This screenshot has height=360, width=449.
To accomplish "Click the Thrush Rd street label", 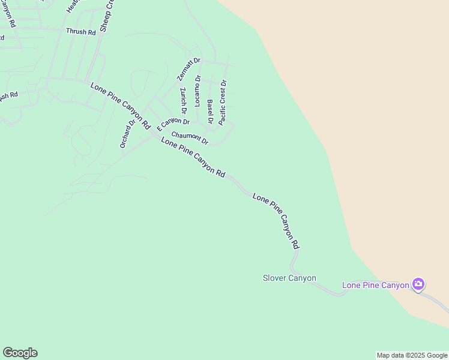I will pyautogui.click(x=81, y=32).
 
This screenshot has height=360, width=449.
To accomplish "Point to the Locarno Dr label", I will pyautogui.click(x=197, y=91).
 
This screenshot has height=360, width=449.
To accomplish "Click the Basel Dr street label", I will pyautogui.click(x=210, y=112).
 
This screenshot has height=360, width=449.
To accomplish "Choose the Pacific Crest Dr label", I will pyautogui.click(x=222, y=102).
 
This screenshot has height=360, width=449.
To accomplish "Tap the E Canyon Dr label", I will pyautogui.click(x=173, y=124).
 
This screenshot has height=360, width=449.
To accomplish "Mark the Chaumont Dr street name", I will pyautogui.click(x=189, y=138).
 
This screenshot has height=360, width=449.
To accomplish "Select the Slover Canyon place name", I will pyautogui.click(x=289, y=278).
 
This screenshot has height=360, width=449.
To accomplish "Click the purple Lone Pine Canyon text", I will pyautogui.click(x=375, y=285).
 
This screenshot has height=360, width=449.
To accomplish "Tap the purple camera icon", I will pyautogui.click(x=418, y=284).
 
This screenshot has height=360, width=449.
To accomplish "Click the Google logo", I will pyautogui.click(x=20, y=353).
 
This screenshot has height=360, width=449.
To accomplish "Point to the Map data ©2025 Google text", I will pyautogui.click(x=412, y=355).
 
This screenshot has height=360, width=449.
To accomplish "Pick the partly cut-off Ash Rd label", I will pyautogui.click(x=8, y=96).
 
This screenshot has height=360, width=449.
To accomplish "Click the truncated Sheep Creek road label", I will pyautogui.click(x=106, y=17).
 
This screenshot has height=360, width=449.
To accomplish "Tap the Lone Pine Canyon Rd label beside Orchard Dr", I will pyautogui.click(x=120, y=106).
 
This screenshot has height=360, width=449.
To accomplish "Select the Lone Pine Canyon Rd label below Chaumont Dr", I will pyautogui.click(x=193, y=157).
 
